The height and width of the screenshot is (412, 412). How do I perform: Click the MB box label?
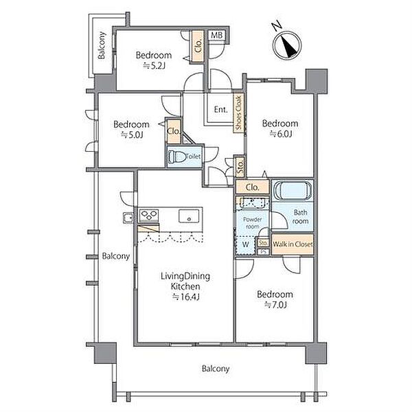pyautogui.click(x=217, y=35)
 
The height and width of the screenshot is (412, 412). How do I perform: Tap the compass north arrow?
pyautogui.click(x=289, y=47)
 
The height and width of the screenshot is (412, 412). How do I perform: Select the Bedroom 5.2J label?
pyautogui.click(x=154, y=60)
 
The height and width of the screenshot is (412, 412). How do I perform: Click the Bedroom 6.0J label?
pyautogui.click(x=280, y=128)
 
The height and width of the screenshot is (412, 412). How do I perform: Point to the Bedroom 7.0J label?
pyautogui.click(x=275, y=299)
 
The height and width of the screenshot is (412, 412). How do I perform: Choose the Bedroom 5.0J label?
pyautogui.click(x=131, y=129)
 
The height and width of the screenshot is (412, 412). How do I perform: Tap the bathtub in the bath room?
pyautogui.click(x=293, y=190)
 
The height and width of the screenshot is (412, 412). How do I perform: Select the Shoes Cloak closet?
pyautogui.click(x=238, y=113)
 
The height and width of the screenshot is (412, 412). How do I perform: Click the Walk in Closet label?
pyautogui.click(x=293, y=244)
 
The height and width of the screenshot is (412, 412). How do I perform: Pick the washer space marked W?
pyautogui.click(x=245, y=244)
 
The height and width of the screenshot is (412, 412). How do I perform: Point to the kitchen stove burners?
pyautogui.click(x=149, y=216)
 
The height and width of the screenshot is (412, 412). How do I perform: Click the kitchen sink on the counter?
pyautogui.click(x=189, y=216)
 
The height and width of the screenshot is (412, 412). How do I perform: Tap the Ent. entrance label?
pyautogui.click(x=220, y=109)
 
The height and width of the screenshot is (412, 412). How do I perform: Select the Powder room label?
pyautogui.click(x=252, y=222)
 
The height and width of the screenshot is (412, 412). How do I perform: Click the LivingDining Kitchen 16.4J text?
pyautogui.click(x=185, y=286)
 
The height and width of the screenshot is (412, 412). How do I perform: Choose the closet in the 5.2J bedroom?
pyautogui.click(x=198, y=46)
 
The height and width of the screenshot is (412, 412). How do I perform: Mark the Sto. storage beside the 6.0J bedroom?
pyautogui.click(x=240, y=167)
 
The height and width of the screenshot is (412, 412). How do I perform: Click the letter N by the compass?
pyautogui.click(x=277, y=26)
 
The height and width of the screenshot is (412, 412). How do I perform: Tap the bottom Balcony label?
pyautogui.click(x=216, y=369)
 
